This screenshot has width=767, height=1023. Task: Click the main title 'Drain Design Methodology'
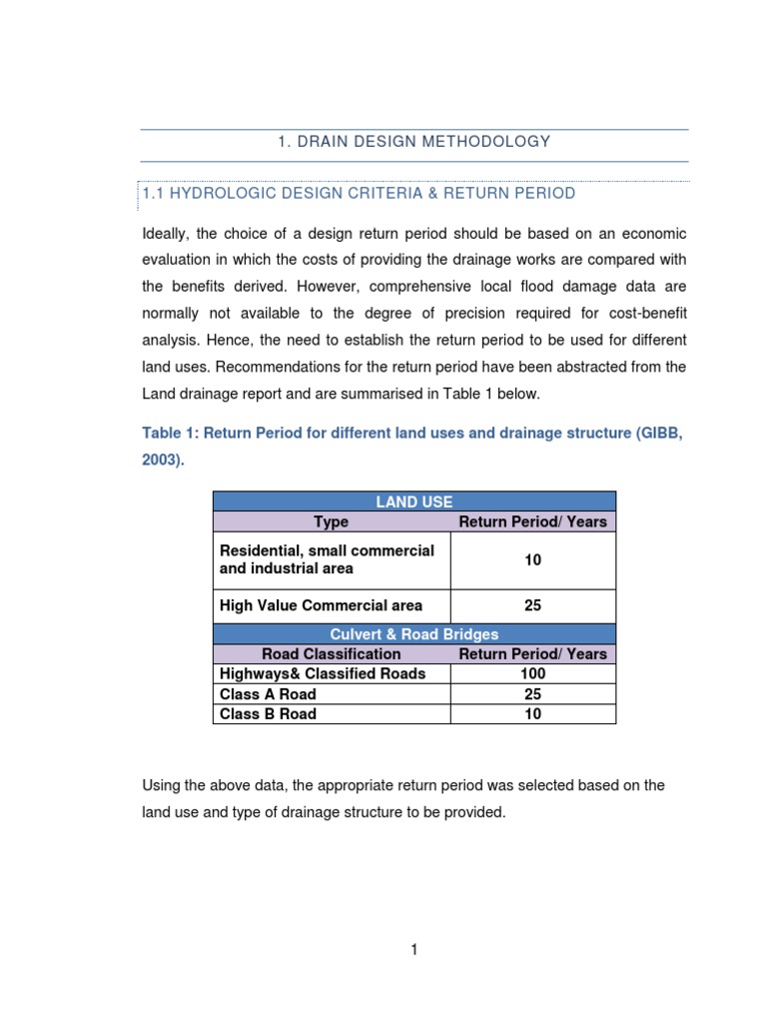click(x=413, y=142)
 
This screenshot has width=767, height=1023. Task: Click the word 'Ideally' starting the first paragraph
click(x=166, y=233)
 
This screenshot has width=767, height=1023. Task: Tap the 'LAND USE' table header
click(x=414, y=502)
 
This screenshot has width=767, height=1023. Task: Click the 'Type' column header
click(x=331, y=521)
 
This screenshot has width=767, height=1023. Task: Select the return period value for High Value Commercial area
click(x=533, y=605)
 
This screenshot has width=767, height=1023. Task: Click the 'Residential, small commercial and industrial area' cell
click(x=328, y=559)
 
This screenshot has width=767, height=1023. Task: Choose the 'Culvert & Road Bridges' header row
click(x=414, y=634)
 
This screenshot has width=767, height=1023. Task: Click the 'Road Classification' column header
click(x=331, y=654)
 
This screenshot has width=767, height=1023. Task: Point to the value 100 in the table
click(x=533, y=674)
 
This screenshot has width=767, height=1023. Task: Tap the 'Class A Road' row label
click(x=268, y=694)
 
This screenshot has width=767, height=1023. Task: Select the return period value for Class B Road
click(x=533, y=714)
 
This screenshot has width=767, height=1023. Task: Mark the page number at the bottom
click(x=413, y=950)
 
